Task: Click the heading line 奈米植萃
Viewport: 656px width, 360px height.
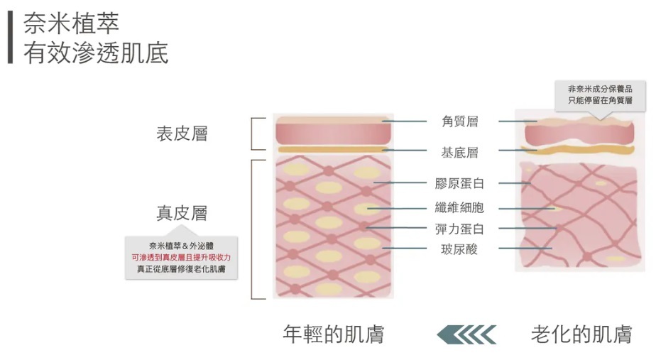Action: pyautogui.click(x=71, y=23)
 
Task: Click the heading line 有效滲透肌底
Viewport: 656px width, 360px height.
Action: pyautogui.click(x=96, y=53)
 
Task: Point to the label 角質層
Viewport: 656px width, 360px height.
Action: pyautogui.click(x=459, y=121)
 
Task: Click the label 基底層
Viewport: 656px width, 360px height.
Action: pyautogui.click(x=459, y=152)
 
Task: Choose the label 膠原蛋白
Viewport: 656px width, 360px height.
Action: pyautogui.click(x=459, y=183)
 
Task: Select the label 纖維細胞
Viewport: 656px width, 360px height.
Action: pyautogui.click(x=459, y=208)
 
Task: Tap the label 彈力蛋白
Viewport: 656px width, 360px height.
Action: pyautogui.click(x=459, y=229)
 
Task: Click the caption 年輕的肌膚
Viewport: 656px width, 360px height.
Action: pyautogui.click(x=333, y=334)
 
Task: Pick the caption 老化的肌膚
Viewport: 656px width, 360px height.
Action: pyautogui.click(x=581, y=334)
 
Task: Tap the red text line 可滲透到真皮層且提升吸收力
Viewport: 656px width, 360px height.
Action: pyautogui.click(x=181, y=257)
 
